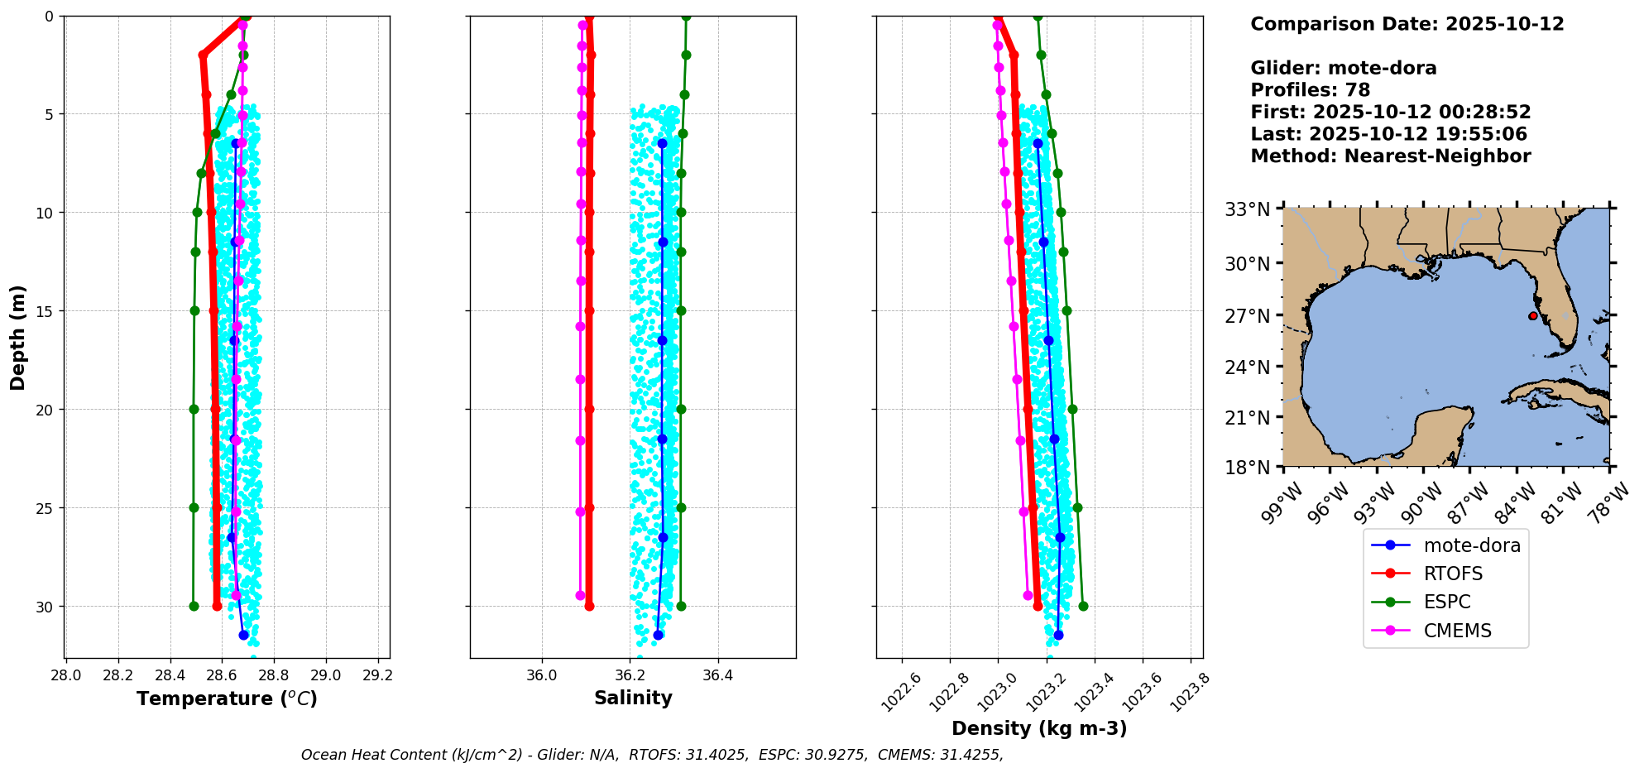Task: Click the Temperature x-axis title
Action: [x=227, y=699]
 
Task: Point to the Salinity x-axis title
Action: [x=633, y=698]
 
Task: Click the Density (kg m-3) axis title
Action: [x=1039, y=728]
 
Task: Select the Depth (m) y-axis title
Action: [x=18, y=338]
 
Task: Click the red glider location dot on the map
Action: [x=1532, y=316]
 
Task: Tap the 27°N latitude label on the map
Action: [x=1247, y=315]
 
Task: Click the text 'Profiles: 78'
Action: [x=1310, y=90]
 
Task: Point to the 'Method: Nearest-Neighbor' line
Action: [x=1390, y=156]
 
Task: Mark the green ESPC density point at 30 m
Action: [x=1083, y=606]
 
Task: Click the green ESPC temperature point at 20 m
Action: [x=194, y=409]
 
